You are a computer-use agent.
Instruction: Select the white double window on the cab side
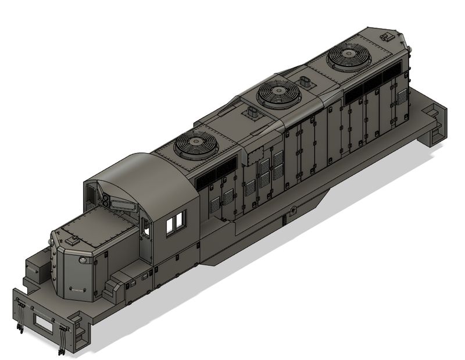(176, 223)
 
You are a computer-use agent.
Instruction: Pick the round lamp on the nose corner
(84, 259)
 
